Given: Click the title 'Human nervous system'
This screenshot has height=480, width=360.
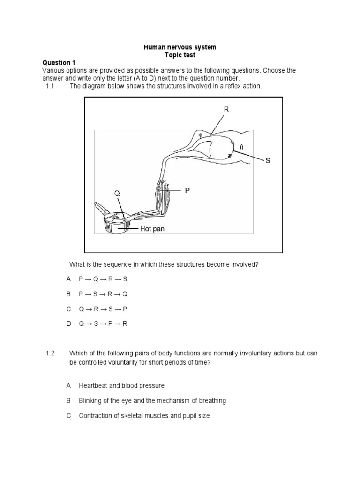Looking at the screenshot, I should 180,47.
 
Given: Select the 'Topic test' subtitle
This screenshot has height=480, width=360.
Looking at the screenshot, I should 180,55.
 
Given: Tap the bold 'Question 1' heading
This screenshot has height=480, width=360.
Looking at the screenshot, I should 59,62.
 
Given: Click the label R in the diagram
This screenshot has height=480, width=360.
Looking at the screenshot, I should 226,109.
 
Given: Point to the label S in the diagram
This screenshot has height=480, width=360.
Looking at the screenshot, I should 268,160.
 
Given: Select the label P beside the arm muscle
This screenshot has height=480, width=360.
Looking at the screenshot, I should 187,190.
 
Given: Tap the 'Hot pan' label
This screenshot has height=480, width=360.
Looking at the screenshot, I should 153,229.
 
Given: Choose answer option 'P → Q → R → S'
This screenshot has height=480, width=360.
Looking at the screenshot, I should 103,279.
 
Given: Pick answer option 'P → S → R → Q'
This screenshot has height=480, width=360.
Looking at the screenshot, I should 103,294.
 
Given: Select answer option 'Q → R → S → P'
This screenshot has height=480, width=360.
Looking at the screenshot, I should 103,309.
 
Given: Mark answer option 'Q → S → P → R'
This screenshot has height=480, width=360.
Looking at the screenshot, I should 103,324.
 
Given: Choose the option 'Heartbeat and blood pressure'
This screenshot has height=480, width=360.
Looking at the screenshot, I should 121,385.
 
